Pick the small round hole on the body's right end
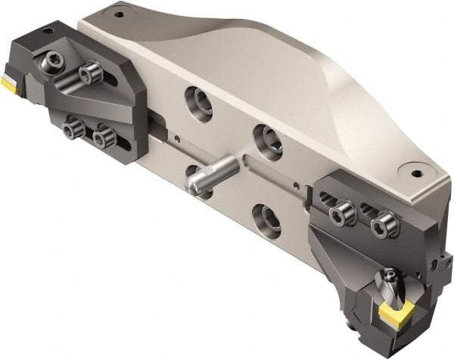click(x=415, y=172)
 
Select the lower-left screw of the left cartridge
click(x=72, y=130)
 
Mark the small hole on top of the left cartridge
click(x=48, y=30)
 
